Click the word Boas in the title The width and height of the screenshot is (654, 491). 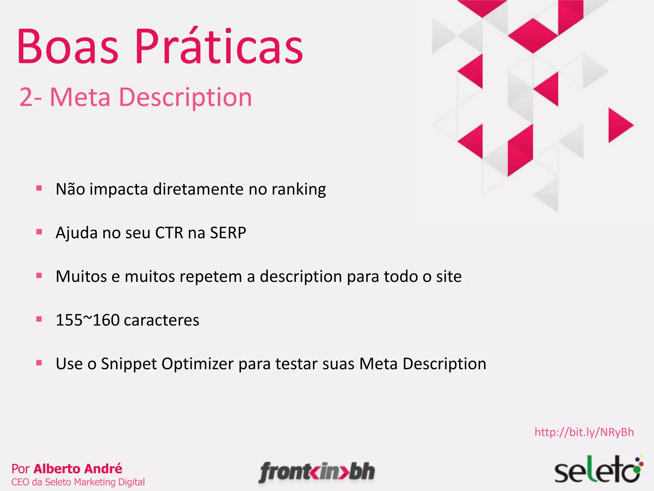pos(68,46)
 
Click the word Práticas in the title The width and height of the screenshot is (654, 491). pos(219,46)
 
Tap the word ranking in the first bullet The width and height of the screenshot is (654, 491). pos(299,189)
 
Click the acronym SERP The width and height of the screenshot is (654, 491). pos(228,233)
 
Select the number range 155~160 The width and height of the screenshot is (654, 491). pos(87,320)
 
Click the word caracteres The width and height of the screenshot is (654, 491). pos(162,320)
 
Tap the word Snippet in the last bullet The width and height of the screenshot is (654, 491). pos(129,364)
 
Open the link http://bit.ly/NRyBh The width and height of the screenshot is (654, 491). pos(584,432)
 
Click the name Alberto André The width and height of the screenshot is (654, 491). pos(78,469)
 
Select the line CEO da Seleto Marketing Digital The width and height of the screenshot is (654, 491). pos(78,482)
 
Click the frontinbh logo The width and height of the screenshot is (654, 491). pos(317,472)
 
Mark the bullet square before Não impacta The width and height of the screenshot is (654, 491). pos(39,188)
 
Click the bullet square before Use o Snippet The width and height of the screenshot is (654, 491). pos(39,363)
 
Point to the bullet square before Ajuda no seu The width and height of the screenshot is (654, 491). pos(39,232)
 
